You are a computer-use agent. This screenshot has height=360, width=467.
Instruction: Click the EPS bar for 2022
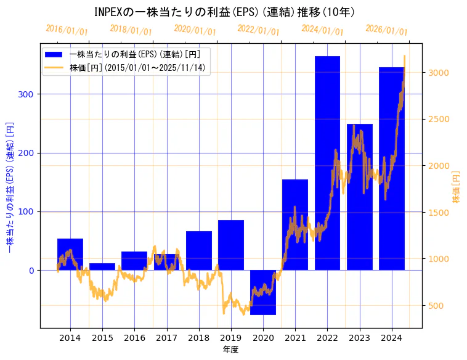(x=327, y=163)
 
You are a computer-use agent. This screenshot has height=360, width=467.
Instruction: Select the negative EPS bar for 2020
(x=263, y=292)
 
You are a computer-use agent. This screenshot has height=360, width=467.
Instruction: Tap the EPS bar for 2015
(x=102, y=266)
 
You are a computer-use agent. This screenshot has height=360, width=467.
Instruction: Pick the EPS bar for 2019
(x=231, y=245)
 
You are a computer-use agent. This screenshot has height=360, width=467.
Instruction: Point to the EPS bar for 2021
(x=295, y=224)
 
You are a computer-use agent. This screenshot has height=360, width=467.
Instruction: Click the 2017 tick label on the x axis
(x=166, y=338)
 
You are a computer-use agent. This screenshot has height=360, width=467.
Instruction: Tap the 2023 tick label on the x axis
(x=359, y=338)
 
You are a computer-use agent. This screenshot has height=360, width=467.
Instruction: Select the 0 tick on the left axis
(x=31, y=271)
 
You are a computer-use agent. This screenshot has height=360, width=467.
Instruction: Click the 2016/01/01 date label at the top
(x=67, y=30)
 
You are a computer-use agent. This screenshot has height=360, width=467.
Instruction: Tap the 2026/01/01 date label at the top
(x=386, y=30)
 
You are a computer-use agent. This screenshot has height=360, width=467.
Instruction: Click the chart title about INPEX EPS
(x=225, y=12)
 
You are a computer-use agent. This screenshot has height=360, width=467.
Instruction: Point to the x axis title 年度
(x=230, y=350)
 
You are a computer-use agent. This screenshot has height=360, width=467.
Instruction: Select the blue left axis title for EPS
(x=9, y=189)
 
